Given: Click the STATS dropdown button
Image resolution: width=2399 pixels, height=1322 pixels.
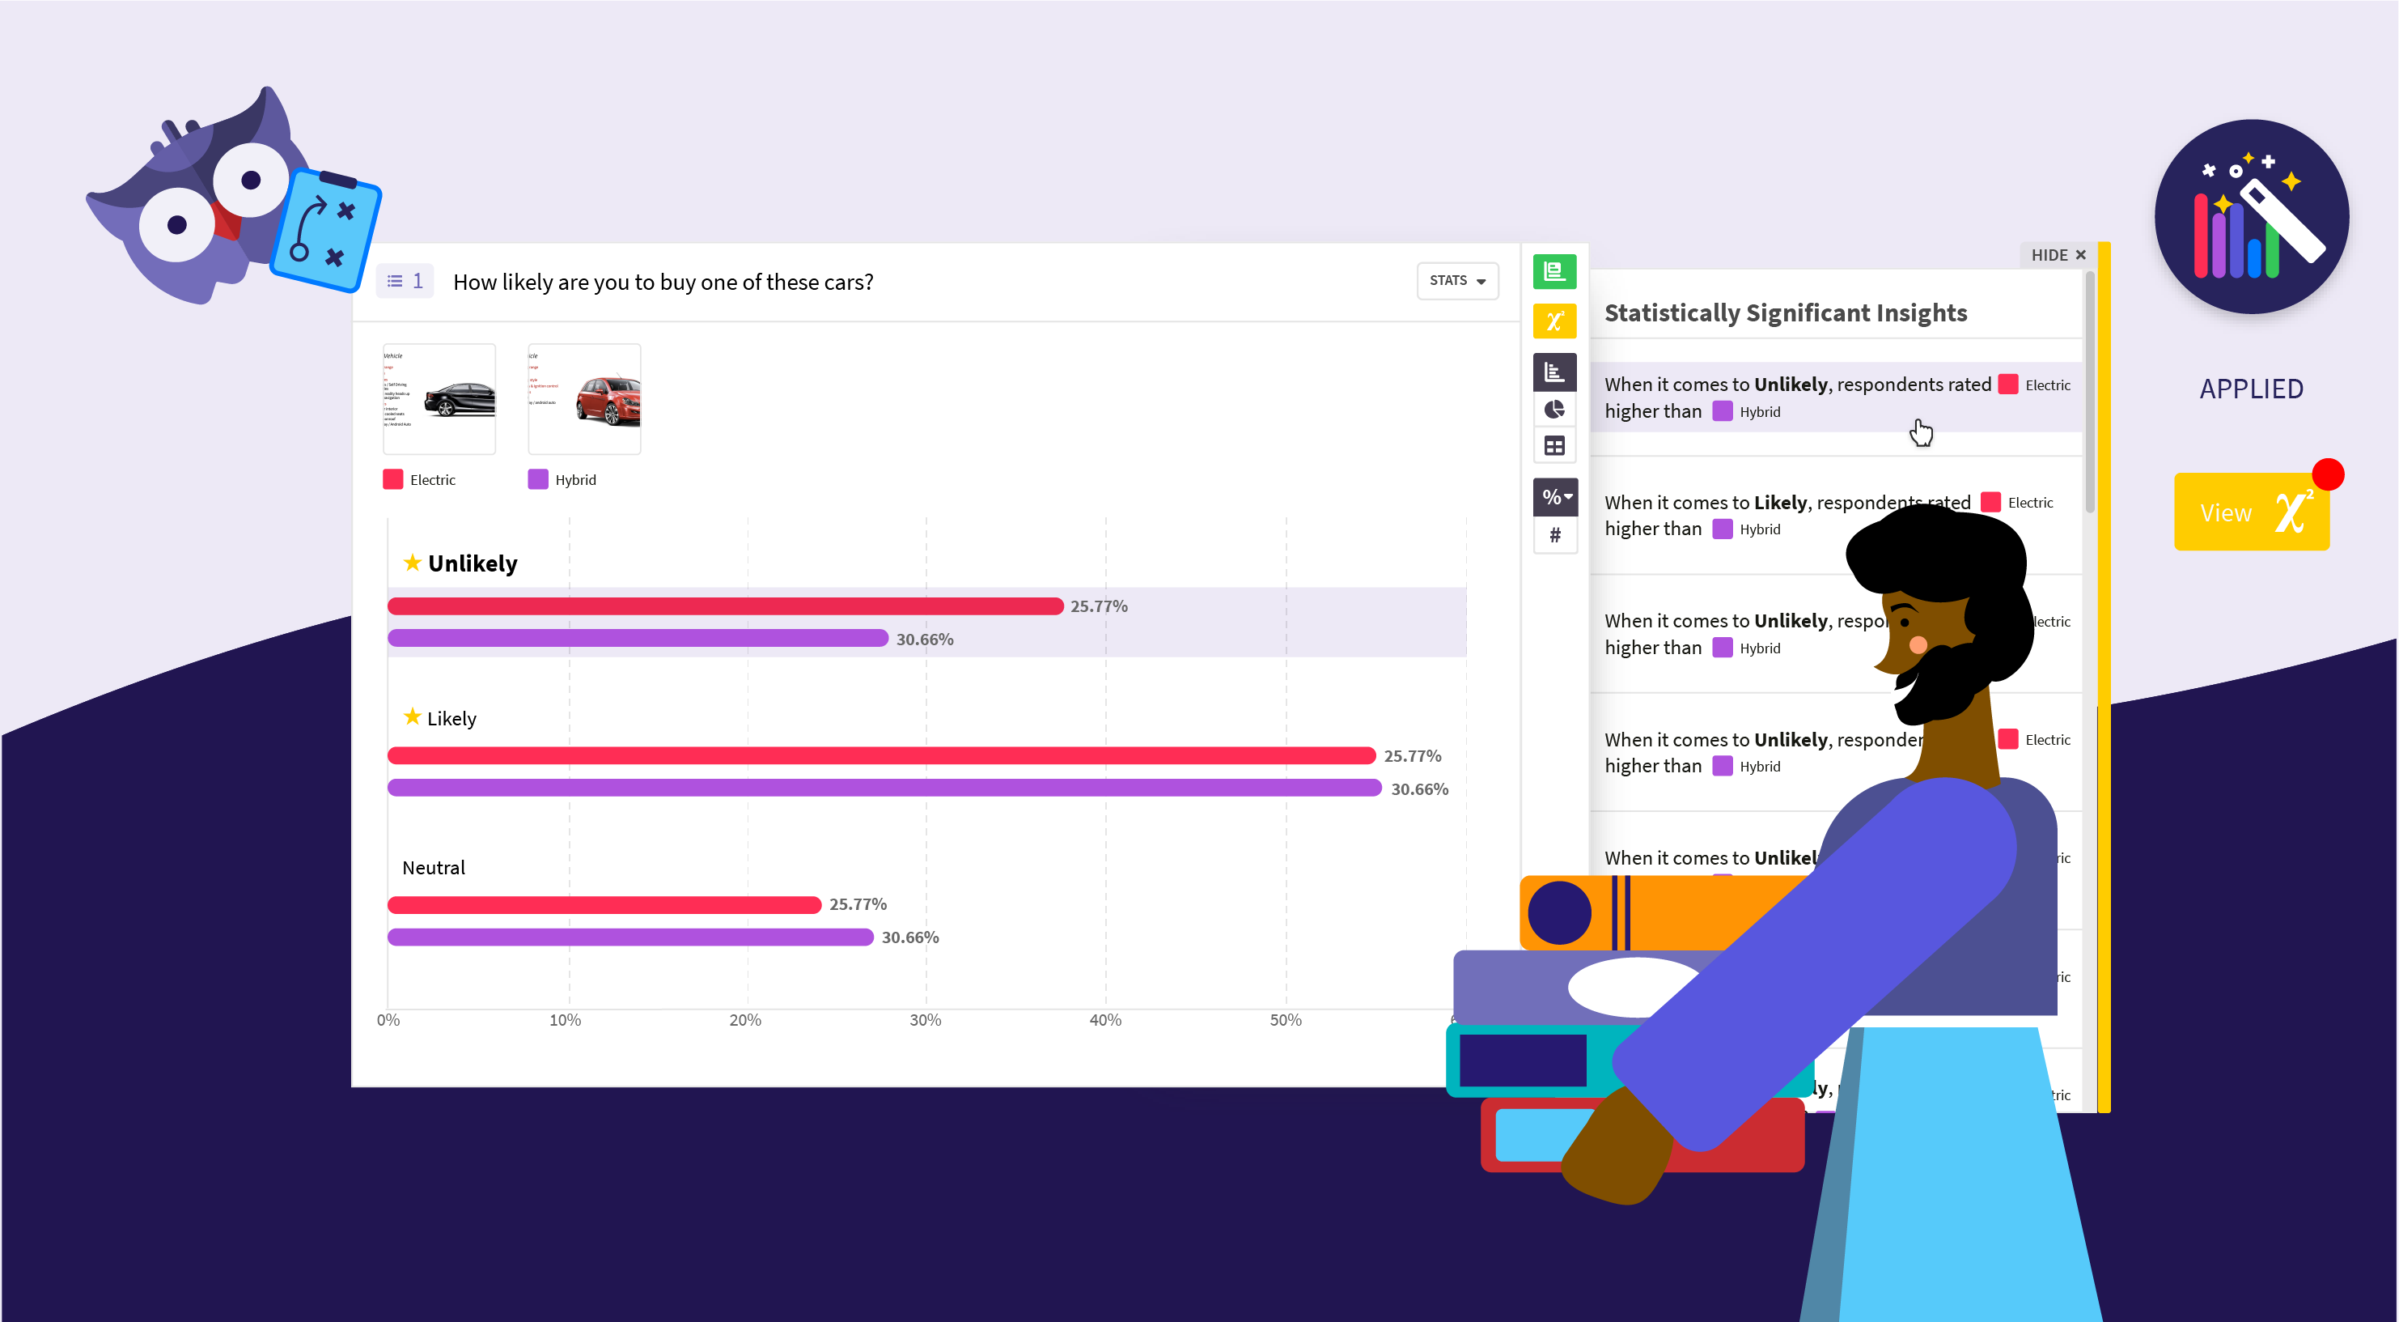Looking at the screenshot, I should (x=1456, y=280).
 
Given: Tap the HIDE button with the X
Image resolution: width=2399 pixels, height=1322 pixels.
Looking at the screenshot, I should (x=2058, y=255).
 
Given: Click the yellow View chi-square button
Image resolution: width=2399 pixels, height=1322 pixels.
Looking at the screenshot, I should (x=2250, y=512).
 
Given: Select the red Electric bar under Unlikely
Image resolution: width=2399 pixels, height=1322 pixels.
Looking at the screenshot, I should (x=724, y=606).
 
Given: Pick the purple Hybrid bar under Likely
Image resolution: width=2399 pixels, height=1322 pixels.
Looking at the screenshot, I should (x=883, y=789).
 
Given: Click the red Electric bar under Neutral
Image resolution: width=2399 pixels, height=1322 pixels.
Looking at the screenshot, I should (x=604, y=904).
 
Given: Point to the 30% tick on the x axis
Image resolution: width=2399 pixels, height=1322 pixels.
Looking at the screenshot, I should (x=925, y=1020).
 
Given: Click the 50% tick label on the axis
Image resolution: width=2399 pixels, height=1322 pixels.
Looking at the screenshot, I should (x=1285, y=1020).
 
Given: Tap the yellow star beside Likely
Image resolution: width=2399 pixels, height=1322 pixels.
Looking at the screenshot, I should (x=412, y=716).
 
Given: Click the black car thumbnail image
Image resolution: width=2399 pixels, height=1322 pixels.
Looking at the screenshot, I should (x=439, y=399).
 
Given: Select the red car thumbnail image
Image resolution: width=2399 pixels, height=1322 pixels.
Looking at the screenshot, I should (x=585, y=399).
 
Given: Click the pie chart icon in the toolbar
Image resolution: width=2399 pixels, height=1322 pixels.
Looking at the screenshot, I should (x=1554, y=410).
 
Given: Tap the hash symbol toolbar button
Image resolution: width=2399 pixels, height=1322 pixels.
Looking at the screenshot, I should (x=1554, y=535).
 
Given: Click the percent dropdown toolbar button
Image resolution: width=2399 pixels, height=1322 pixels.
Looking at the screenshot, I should (x=1554, y=496).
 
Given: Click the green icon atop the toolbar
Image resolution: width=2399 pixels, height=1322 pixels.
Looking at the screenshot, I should (x=1554, y=271).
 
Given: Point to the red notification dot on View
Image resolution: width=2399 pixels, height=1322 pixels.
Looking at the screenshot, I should (x=2327, y=474).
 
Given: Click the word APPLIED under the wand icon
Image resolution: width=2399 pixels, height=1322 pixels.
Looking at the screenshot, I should (x=2251, y=389).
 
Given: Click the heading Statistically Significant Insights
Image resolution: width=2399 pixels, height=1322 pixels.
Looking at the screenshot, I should (x=1785, y=313).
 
